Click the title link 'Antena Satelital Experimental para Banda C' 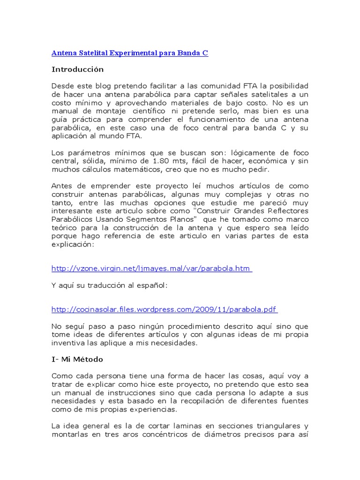click(129, 53)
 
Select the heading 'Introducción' click(77, 69)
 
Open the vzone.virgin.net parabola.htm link click(151, 269)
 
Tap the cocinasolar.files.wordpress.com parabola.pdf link click(164, 309)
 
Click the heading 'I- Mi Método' click(77, 360)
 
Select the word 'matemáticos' click(130, 169)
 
